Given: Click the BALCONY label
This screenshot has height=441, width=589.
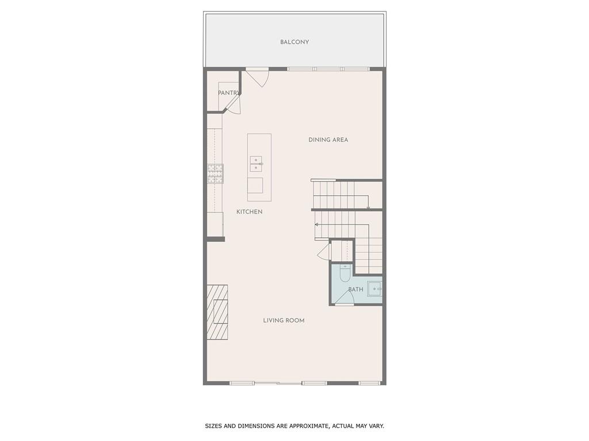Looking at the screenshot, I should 294,42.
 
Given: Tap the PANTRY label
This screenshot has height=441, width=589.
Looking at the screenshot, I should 228,93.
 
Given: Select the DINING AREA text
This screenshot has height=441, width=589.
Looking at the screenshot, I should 328,140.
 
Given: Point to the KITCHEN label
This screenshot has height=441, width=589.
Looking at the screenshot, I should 249,212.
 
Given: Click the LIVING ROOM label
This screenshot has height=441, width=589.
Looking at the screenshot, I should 284,320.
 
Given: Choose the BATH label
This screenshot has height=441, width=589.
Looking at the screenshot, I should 355,289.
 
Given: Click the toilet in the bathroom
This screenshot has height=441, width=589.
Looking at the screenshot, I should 345,273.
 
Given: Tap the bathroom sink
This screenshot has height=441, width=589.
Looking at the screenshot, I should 374,288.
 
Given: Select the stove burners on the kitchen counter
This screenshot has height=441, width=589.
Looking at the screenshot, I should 215,174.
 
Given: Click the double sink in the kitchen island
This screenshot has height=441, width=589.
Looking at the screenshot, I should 256,164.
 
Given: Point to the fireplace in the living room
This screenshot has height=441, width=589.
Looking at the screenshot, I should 217,312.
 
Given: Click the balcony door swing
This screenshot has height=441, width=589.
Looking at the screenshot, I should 259,78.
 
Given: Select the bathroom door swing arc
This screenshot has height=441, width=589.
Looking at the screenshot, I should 345,296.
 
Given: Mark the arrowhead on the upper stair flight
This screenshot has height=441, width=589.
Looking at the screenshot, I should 368,207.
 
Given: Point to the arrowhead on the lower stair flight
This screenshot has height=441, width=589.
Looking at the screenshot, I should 316,224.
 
